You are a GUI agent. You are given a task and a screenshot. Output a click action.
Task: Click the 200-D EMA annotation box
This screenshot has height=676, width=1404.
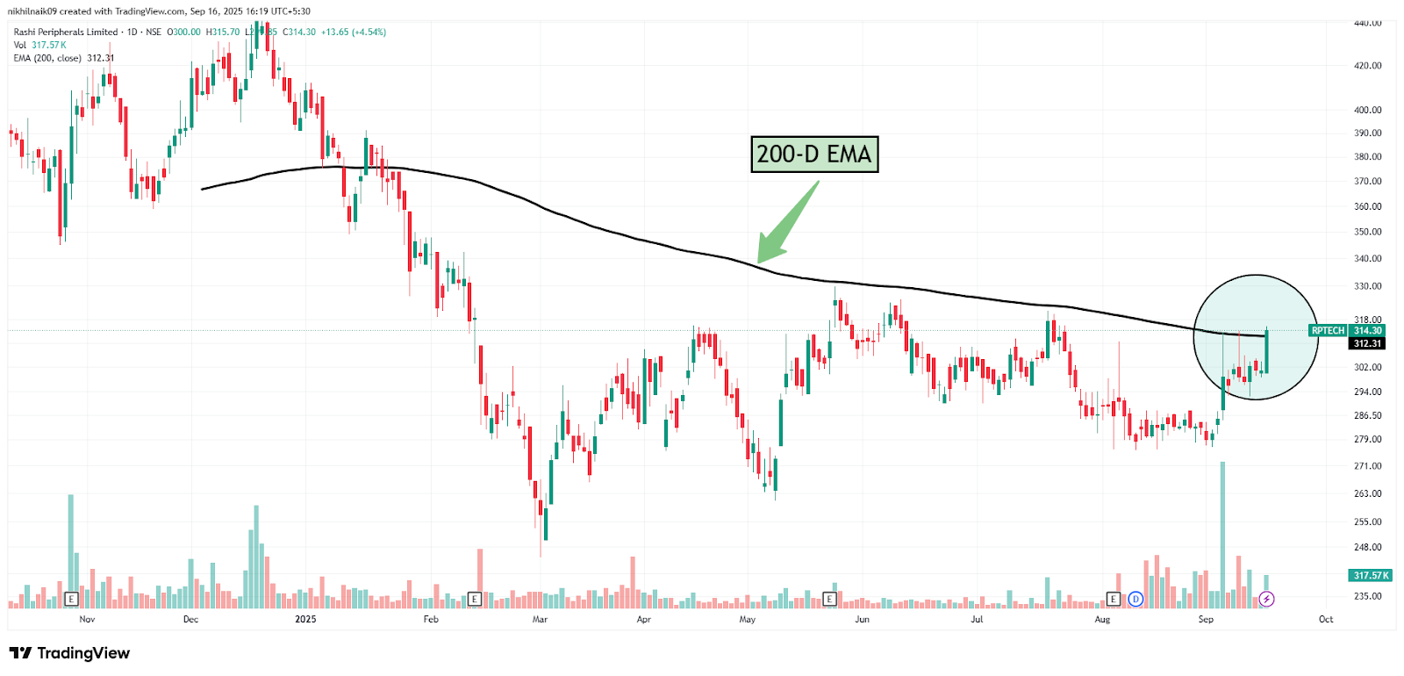click(814, 155)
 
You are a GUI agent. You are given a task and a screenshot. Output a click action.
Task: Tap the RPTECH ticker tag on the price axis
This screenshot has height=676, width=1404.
click(1328, 331)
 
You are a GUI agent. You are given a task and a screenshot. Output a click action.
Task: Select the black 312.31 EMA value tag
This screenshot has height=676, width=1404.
click(1367, 344)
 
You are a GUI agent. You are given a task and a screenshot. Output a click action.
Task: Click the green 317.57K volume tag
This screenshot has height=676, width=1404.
click(1371, 576)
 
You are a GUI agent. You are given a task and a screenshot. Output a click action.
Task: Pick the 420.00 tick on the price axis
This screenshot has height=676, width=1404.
click(1367, 66)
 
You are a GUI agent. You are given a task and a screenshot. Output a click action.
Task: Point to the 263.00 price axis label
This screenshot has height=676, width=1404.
click(1367, 494)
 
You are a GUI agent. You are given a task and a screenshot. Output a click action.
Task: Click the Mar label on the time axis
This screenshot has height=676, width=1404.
click(540, 620)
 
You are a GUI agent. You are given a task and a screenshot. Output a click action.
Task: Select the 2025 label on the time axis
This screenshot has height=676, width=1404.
click(305, 620)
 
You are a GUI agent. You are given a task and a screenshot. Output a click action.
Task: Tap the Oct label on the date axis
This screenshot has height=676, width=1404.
click(1325, 620)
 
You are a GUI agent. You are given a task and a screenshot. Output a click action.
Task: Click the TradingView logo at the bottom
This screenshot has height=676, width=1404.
click(69, 653)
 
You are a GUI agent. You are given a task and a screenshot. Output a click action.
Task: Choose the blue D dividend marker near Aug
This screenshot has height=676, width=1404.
click(1135, 600)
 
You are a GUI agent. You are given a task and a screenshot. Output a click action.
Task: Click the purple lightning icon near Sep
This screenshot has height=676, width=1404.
click(1266, 600)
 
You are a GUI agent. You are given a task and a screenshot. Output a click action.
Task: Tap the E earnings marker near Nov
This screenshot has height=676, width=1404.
click(72, 600)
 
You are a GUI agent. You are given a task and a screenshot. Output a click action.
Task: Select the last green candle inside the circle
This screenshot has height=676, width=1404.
click(1266, 351)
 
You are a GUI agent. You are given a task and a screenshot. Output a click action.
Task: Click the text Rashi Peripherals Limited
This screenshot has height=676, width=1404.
click(66, 32)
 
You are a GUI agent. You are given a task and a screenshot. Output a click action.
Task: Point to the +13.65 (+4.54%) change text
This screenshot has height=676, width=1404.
click(354, 32)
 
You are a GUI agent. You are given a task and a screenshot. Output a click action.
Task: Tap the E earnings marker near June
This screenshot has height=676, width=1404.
click(829, 600)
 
